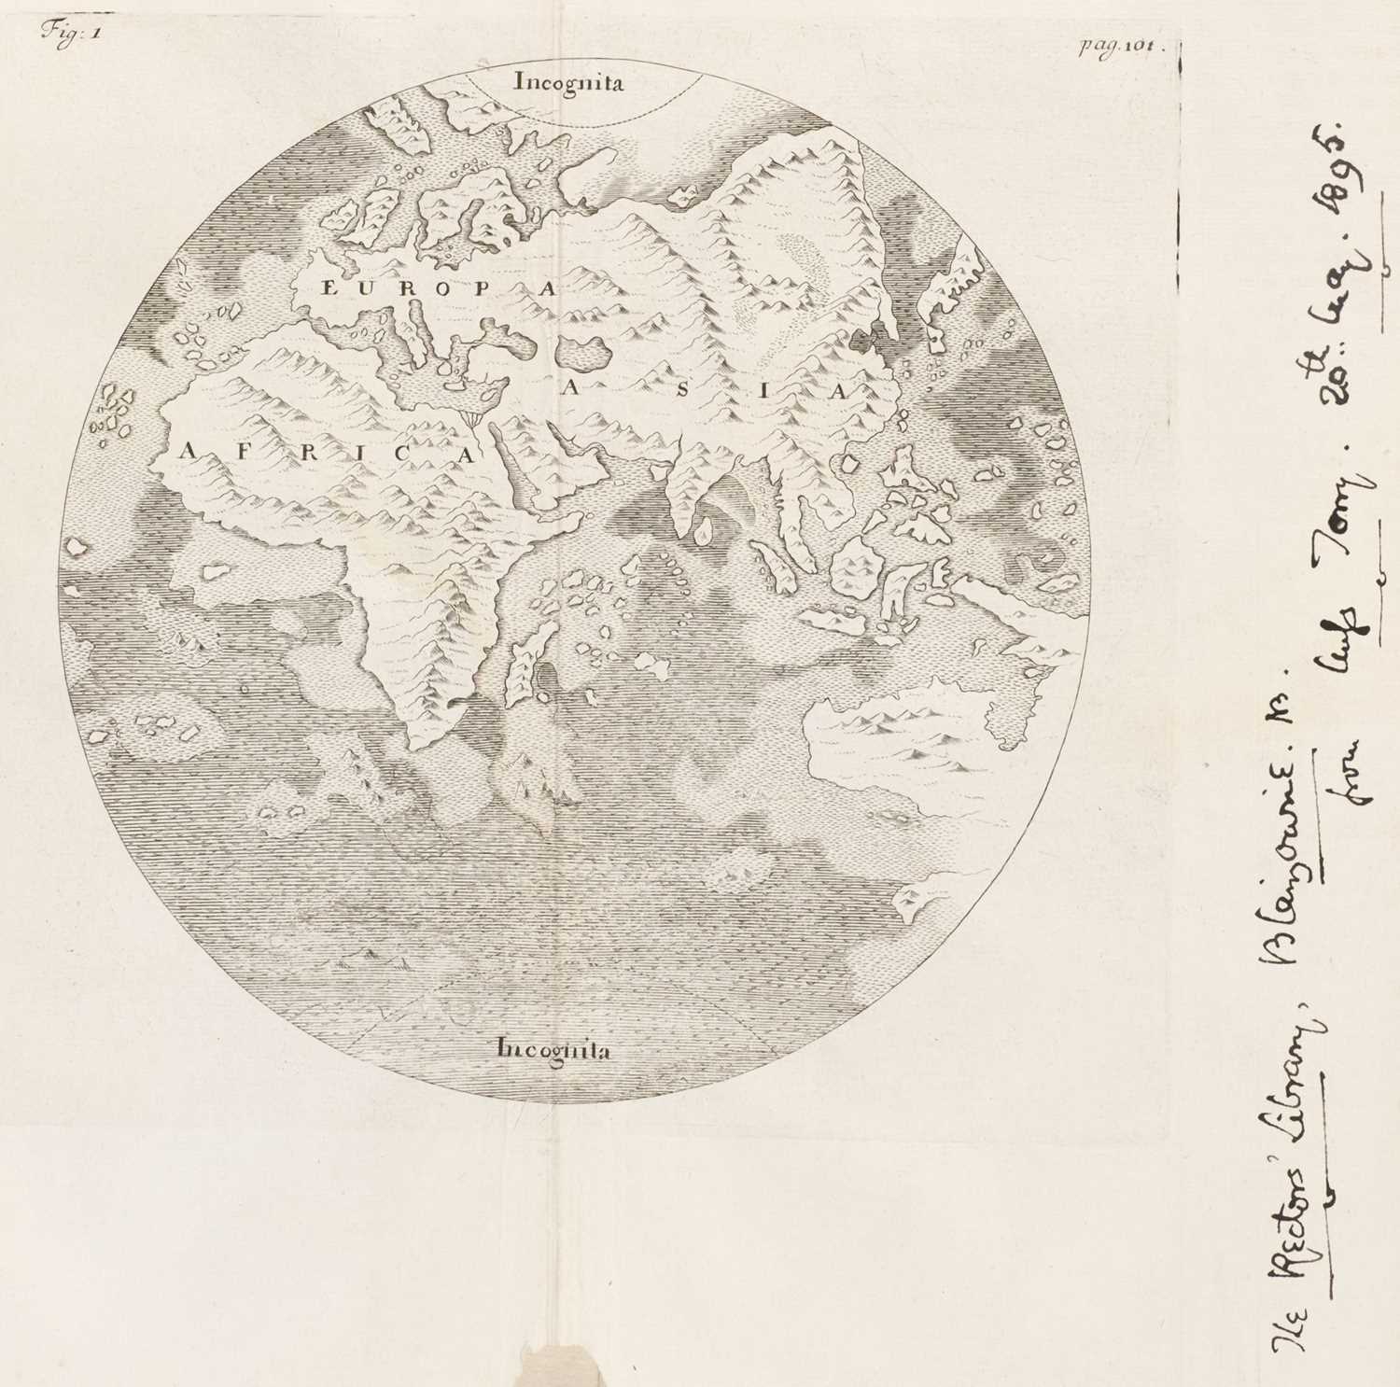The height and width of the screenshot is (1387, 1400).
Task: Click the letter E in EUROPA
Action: (x=328, y=288)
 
